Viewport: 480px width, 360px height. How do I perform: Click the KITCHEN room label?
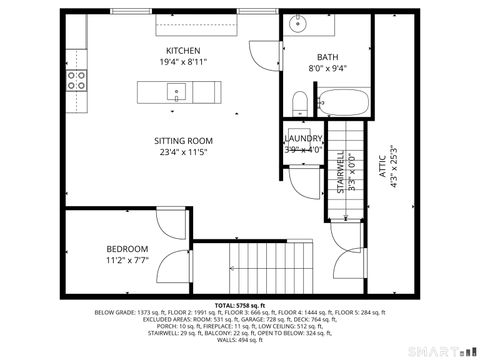click(183, 51)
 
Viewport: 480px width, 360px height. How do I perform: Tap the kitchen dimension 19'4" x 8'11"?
click(183, 62)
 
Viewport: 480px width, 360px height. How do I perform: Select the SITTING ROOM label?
click(183, 141)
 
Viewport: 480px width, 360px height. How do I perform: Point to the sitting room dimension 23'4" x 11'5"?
click(183, 153)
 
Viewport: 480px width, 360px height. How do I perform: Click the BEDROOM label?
click(127, 249)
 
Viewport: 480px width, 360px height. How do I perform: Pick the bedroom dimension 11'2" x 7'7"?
click(127, 260)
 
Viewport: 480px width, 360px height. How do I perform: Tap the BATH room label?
click(328, 57)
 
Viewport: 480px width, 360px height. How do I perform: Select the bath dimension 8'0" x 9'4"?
click(328, 69)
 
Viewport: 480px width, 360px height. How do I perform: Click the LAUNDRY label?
click(304, 139)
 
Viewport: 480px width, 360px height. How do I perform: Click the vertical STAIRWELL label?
click(340, 171)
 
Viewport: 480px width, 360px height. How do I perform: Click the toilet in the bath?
click(300, 102)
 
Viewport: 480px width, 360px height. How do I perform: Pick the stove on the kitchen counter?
click(76, 80)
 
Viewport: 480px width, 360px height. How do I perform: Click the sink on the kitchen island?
click(177, 93)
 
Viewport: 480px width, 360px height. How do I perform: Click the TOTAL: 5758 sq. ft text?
click(239, 304)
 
